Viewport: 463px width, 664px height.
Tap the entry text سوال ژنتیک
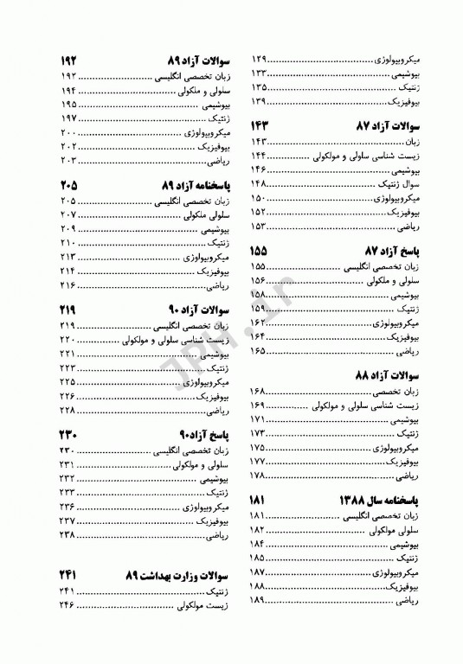[x=400, y=183]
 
